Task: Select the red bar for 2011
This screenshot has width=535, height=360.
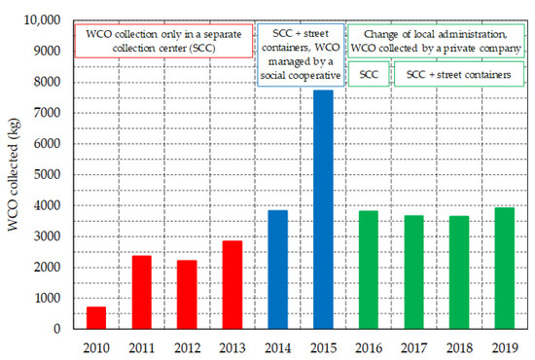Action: [141, 292]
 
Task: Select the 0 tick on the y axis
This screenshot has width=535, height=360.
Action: [60, 329]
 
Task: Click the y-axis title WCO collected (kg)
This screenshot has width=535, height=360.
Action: [14, 175]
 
